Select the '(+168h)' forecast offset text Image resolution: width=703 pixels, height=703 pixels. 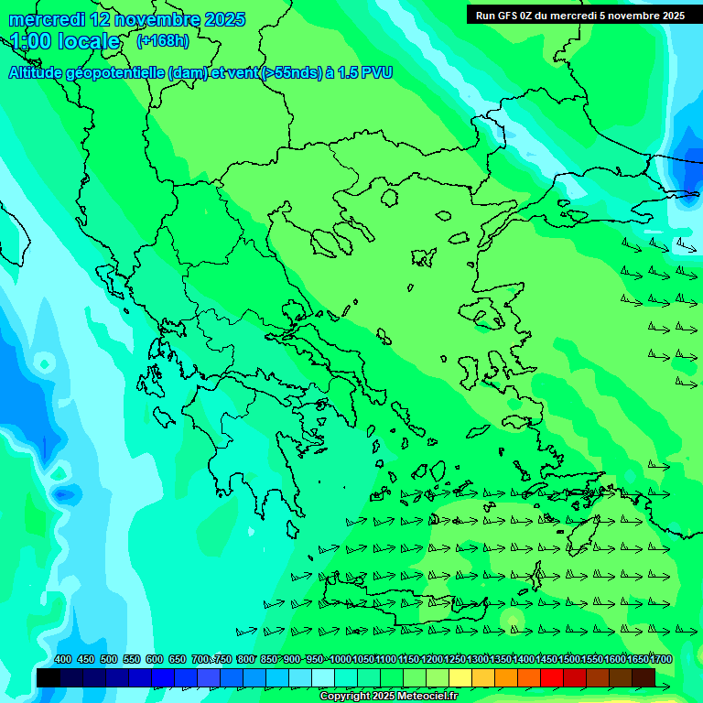click(163, 41)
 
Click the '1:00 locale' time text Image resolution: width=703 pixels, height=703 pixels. click(65, 42)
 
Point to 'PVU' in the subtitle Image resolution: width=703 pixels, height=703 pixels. click(374, 72)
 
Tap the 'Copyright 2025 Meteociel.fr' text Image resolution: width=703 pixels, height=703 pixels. click(388, 697)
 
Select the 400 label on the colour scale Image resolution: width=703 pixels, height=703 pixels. click(63, 660)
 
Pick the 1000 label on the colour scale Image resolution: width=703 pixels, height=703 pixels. click(341, 660)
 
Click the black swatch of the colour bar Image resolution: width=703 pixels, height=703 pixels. click(49, 678)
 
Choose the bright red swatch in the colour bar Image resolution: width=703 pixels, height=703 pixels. click(552, 678)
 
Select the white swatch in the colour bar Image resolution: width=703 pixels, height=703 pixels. click(323, 678)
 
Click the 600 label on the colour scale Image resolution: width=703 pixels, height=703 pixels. click(155, 660)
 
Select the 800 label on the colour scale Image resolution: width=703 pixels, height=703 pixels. click(246, 660)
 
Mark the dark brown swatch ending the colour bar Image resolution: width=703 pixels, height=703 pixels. click(644, 678)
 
